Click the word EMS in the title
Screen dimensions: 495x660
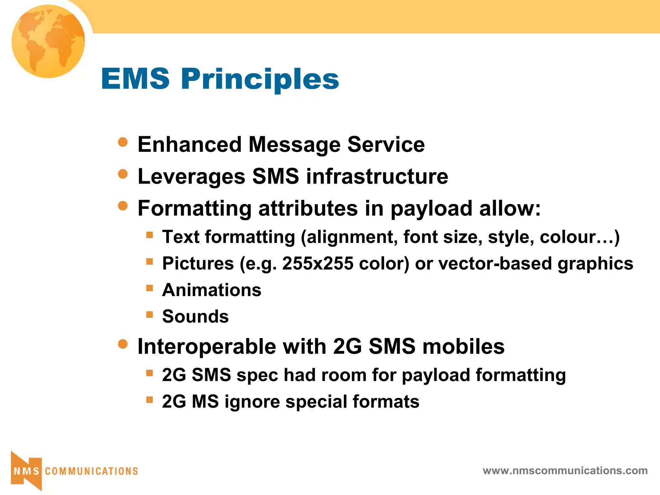click(135, 79)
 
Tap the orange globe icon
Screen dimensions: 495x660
click(48, 41)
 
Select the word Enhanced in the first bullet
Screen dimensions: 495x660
click(189, 144)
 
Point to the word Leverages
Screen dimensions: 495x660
click(191, 177)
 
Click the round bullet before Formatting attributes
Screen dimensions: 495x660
click(123, 206)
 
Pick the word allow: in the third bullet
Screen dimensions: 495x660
click(510, 208)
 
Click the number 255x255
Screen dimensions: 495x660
click(318, 263)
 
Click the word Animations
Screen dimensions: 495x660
click(212, 290)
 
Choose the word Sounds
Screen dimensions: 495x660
click(195, 316)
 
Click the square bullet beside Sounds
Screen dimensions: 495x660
click(149, 314)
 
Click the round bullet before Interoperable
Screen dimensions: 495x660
click(123, 344)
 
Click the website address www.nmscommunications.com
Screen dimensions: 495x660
click(565, 471)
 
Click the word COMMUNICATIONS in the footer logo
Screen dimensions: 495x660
click(92, 471)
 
